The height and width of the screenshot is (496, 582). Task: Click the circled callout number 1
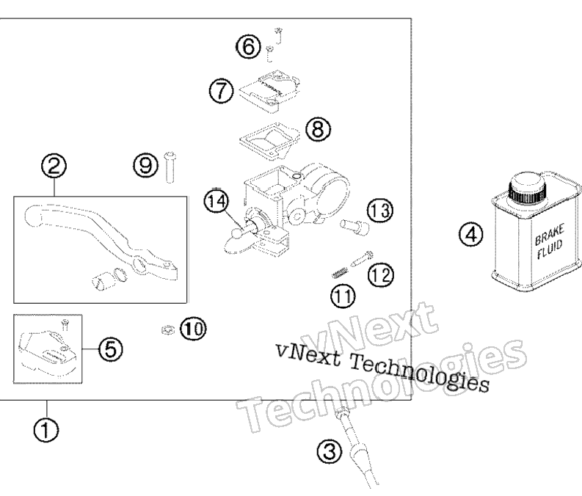pos(46,431)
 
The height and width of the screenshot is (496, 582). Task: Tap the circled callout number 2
pos(54,166)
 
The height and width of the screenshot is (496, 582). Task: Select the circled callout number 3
pos(330,452)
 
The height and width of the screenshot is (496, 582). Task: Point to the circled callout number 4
pos(471,235)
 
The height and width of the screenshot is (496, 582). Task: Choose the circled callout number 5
pos(111,349)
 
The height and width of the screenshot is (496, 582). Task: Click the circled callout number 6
pos(248,47)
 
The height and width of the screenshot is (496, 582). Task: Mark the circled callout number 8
pos(318,129)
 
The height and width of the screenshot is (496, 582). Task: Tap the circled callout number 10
pos(193,328)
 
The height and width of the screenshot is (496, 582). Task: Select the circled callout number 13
pos(380,210)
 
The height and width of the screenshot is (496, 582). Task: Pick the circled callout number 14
pos(217,201)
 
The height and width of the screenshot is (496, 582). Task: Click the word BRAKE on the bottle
pos(549,234)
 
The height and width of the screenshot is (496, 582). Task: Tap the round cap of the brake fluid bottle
pos(528,186)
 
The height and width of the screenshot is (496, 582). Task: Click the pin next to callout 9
pos(170,167)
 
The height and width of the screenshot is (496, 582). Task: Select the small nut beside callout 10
pos(168,329)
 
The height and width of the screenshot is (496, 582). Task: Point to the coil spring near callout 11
pos(340,273)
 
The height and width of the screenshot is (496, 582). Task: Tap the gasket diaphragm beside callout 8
pos(269,142)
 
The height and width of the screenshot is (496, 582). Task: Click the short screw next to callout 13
pos(354,227)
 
